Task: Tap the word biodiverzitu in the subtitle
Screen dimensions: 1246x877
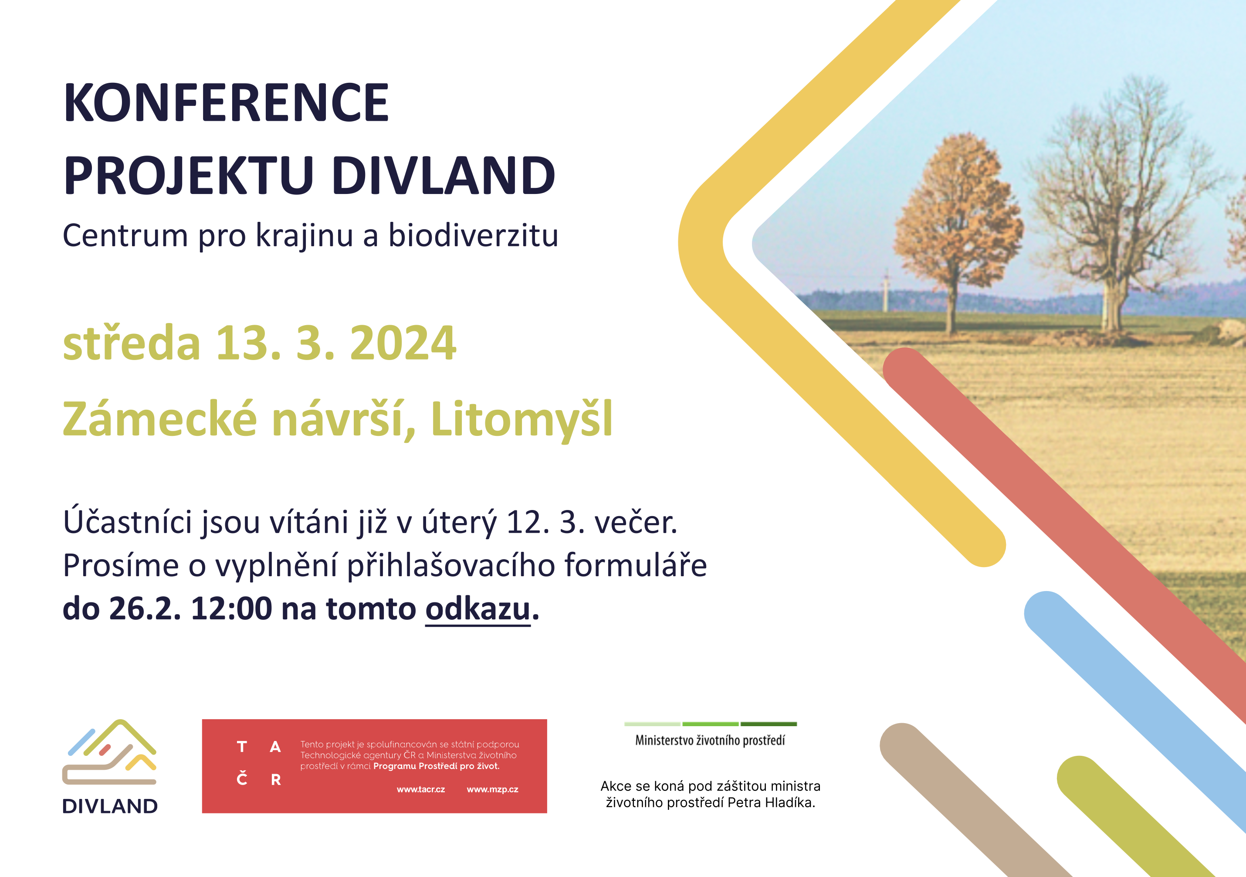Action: click(473, 236)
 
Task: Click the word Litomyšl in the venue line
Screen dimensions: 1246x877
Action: click(521, 419)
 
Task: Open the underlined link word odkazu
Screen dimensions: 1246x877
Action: click(477, 609)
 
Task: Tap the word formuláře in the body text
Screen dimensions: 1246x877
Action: click(636, 565)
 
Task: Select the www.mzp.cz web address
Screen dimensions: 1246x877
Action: click(492, 789)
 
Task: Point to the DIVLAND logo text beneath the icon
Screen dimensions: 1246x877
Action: click(110, 806)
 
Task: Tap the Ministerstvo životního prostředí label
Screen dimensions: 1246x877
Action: click(710, 741)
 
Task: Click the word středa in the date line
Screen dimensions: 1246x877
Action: click(131, 343)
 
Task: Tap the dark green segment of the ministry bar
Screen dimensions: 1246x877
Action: click(769, 724)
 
